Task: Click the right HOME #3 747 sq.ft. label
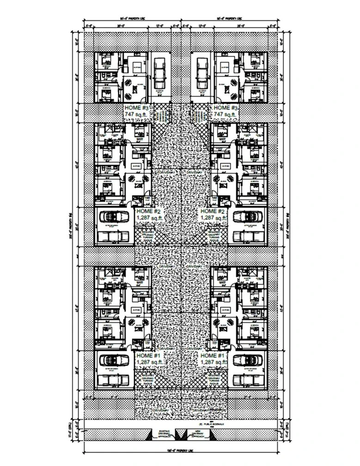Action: click(225, 111)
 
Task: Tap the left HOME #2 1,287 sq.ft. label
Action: click(148, 214)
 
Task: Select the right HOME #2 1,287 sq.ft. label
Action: click(212, 214)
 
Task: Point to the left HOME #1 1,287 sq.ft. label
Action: click(148, 358)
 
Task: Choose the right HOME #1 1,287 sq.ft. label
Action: click(212, 358)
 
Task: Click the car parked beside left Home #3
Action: click(159, 74)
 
